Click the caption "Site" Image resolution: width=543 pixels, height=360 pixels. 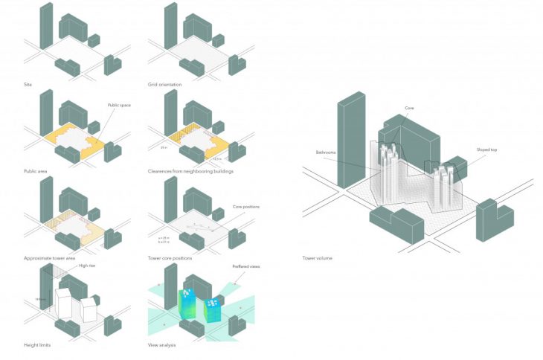pos(28,84)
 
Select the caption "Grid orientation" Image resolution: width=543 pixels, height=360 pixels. pos(164,84)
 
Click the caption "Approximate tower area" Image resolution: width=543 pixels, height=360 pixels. pos(49,258)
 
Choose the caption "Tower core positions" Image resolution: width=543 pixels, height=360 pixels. pos(170,258)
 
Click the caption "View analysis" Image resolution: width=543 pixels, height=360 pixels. pos(163,345)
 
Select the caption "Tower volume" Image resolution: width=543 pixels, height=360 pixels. pos(317,258)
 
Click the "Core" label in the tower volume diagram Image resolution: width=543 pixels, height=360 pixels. pos(408,108)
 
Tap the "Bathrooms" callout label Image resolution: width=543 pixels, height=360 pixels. pos(327,152)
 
